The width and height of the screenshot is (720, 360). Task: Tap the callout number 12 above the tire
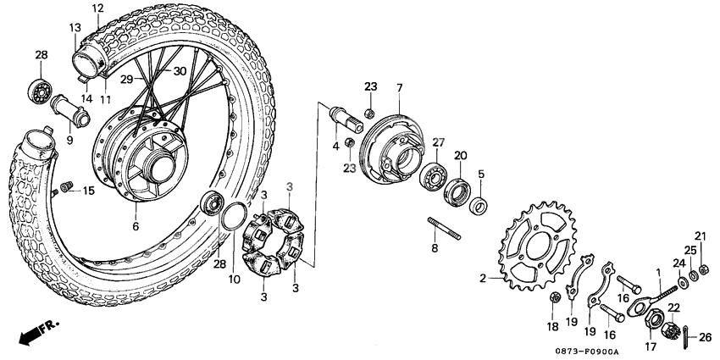[x=97, y=9]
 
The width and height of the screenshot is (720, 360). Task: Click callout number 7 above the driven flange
[x=399, y=88]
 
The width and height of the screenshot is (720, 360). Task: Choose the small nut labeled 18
[x=555, y=296]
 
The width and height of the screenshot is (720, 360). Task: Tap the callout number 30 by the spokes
[x=179, y=70]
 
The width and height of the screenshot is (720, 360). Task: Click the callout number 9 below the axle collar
[x=69, y=140]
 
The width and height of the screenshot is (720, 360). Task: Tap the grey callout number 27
[x=439, y=141]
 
